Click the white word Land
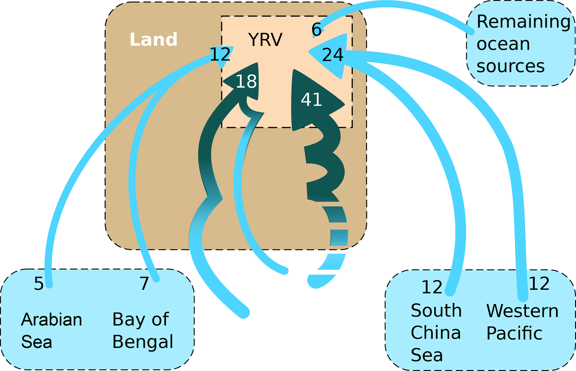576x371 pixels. [153, 40]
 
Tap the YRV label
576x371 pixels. [265, 40]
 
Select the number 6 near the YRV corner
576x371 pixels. [317, 30]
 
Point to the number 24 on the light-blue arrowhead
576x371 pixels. [332, 55]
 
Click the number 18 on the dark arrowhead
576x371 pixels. [246, 82]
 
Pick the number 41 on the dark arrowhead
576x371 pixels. [311, 100]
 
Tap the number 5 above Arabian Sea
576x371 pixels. [39, 284]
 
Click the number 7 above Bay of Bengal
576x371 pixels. [144, 284]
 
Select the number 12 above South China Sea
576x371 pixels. [432, 287]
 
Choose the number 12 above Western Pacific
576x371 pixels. [539, 284]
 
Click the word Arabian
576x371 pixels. [52, 319]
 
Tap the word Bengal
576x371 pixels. [143, 342]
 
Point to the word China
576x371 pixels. [436, 333]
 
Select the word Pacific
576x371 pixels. [514, 333]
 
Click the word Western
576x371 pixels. [522, 311]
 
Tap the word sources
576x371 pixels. [511, 66]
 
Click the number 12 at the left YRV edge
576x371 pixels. [220, 54]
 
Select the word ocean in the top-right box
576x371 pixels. [503, 44]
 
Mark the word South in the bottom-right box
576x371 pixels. [436, 311]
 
